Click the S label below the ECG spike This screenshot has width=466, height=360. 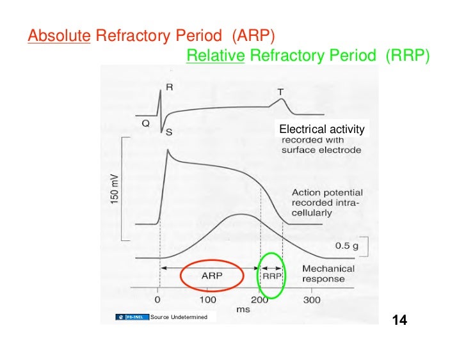pyautogui.click(x=169, y=132)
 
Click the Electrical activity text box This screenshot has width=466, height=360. pyautogui.click(x=321, y=129)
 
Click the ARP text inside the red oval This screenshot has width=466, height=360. pyautogui.click(x=212, y=276)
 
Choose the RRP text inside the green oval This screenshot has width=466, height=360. pyautogui.click(x=272, y=276)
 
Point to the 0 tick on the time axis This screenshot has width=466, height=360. pyautogui.click(x=158, y=299)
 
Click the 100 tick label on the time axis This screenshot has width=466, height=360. pyautogui.click(x=207, y=299)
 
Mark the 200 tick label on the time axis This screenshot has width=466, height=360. pyautogui.click(x=259, y=299)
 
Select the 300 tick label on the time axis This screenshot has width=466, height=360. pyautogui.click(x=311, y=299)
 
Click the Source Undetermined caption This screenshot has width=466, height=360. pyautogui.click(x=179, y=317)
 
